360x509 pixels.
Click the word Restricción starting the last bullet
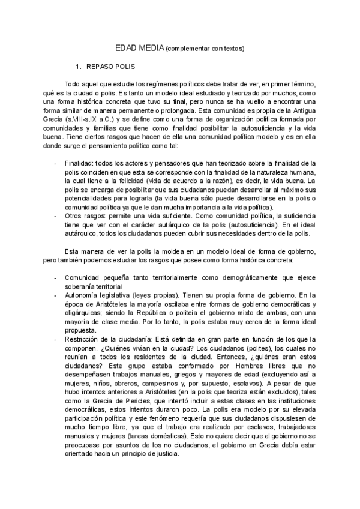85,340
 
